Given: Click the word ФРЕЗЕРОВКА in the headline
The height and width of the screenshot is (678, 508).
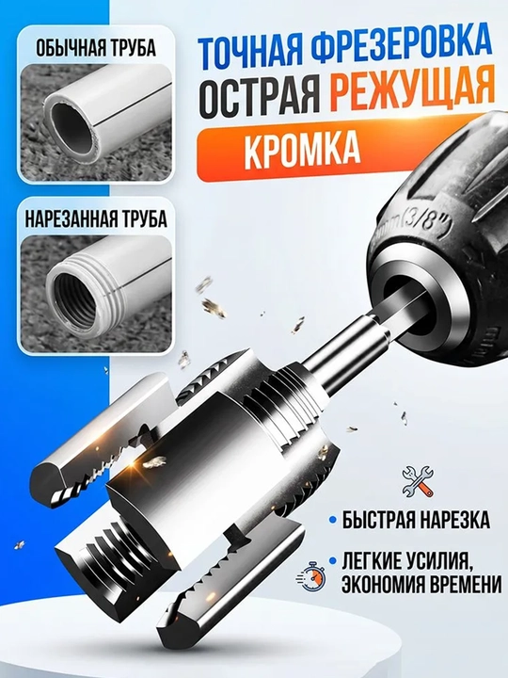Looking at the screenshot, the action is tap(402, 48).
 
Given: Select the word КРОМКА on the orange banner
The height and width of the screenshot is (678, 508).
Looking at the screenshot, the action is tap(302, 153).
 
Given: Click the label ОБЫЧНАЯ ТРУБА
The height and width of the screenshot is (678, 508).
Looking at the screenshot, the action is tap(95, 48).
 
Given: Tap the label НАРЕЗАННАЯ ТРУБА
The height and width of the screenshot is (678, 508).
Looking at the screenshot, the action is tap(95, 218).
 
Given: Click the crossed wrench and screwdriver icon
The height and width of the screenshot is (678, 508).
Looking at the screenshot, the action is tap(418, 481).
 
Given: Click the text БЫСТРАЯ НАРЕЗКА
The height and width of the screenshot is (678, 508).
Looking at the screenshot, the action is tap(416, 520).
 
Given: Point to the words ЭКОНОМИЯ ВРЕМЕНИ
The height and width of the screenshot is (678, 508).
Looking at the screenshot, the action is tap(421, 585).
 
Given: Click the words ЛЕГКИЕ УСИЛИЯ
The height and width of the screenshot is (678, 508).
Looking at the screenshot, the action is tap(406, 561).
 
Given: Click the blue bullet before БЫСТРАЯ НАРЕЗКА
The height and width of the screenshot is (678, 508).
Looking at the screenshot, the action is tap(332, 520).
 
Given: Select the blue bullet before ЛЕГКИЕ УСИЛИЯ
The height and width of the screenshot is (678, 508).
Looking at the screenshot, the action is tap(332, 561).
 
